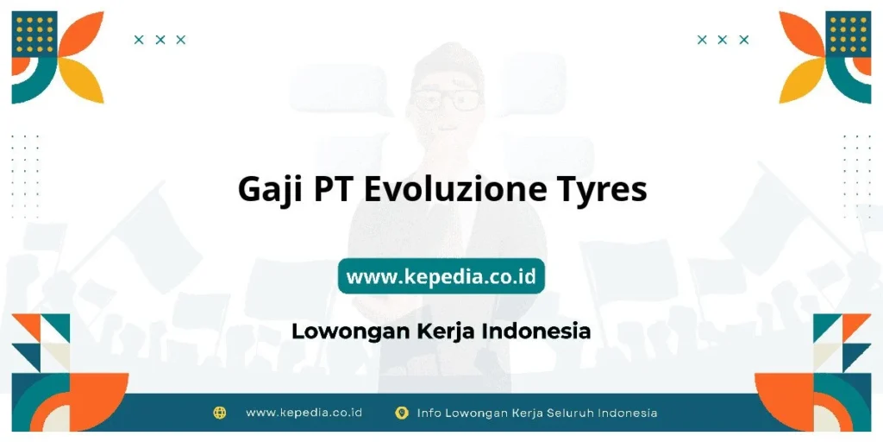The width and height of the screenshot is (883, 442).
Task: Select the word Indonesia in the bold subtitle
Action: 535,331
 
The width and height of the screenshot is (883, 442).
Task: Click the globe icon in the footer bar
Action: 220,413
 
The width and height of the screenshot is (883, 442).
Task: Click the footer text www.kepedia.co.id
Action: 304,413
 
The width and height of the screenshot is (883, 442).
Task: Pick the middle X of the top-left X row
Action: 160,40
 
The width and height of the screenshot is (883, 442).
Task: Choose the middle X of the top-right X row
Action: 723,40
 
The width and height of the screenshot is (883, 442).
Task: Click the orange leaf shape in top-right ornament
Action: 801,35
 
